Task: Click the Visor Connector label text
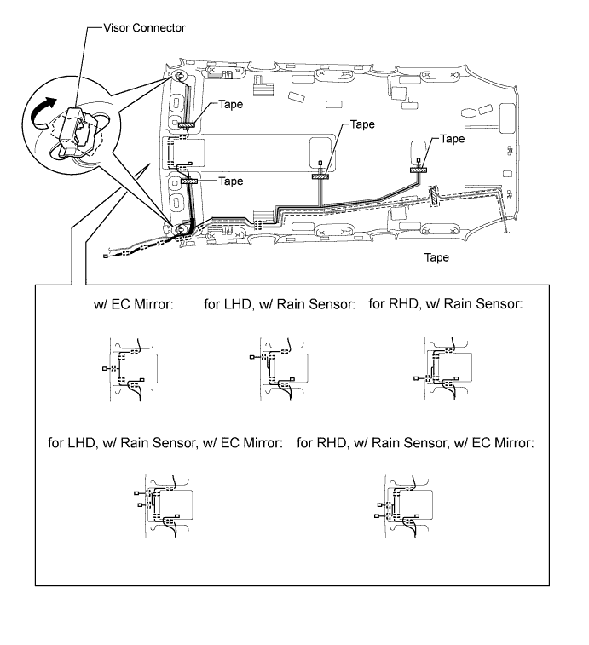pyautogui.click(x=144, y=27)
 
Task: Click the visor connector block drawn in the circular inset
pyautogui.click(x=70, y=129)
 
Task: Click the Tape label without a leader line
pyautogui.click(x=436, y=257)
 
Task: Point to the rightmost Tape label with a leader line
pyautogui.click(x=453, y=139)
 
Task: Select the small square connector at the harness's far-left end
pyautogui.click(x=106, y=256)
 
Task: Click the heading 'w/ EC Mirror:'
pyautogui.click(x=133, y=304)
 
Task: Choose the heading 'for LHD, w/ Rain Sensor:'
pyautogui.click(x=280, y=304)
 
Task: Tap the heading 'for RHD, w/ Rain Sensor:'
pyautogui.click(x=445, y=303)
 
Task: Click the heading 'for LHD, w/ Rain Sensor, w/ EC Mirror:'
pyautogui.click(x=165, y=442)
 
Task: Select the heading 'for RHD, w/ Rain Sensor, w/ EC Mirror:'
pyautogui.click(x=415, y=442)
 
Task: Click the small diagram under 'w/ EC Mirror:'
pyautogui.click(x=130, y=370)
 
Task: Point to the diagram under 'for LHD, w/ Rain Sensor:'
pyautogui.click(x=280, y=369)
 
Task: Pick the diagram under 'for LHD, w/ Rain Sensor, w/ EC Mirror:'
pyautogui.click(x=164, y=505)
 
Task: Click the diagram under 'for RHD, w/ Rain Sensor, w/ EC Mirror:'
pyautogui.click(x=404, y=505)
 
